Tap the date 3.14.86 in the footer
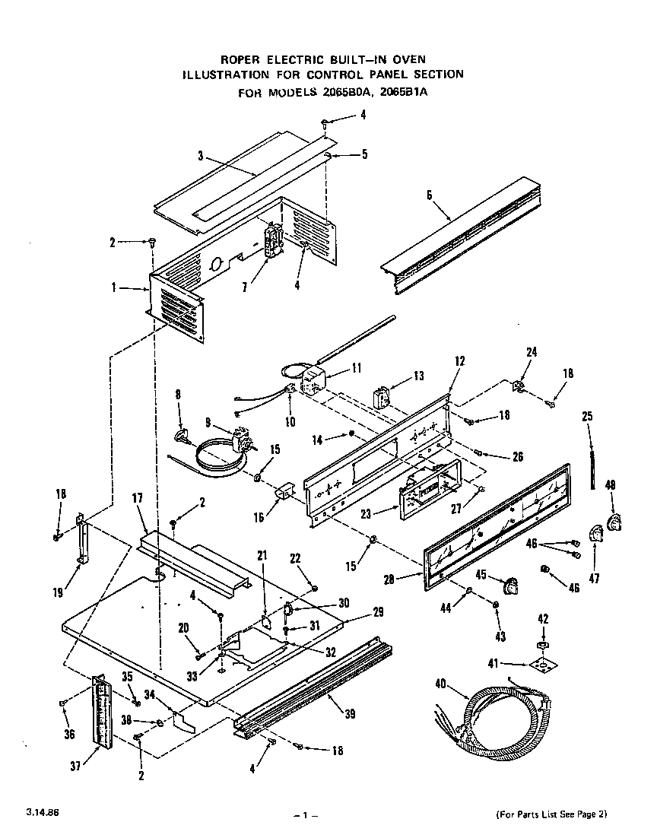point(41,813)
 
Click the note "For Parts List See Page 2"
point(551,814)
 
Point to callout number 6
point(429,195)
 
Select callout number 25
point(587,416)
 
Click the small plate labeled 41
point(541,667)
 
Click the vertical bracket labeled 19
point(81,541)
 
